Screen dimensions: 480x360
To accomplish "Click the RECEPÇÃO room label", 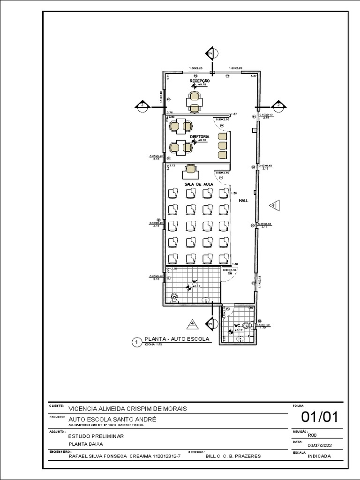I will point(200,81).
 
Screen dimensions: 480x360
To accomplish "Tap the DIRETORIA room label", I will point(200,137).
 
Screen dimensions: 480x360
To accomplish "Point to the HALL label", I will point(243,200).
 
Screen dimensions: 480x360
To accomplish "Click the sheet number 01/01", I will point(319,417).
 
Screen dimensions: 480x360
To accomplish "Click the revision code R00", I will point(312,435).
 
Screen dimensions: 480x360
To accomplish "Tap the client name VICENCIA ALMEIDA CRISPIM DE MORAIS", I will point(127,409).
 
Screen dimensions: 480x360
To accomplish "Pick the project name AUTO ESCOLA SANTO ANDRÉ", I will point(112,419).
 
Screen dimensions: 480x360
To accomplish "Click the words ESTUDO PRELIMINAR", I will point(96,436).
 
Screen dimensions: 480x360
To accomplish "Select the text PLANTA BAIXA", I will point(86,444).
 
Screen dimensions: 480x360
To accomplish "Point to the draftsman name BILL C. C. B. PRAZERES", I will point(233,456).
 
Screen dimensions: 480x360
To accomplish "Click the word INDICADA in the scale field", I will point(319,456).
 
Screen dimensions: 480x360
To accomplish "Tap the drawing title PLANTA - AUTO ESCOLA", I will point(176,339).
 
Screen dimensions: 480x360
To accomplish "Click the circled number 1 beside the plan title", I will point(136,343).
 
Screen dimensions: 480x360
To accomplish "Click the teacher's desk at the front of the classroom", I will point(191,169).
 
